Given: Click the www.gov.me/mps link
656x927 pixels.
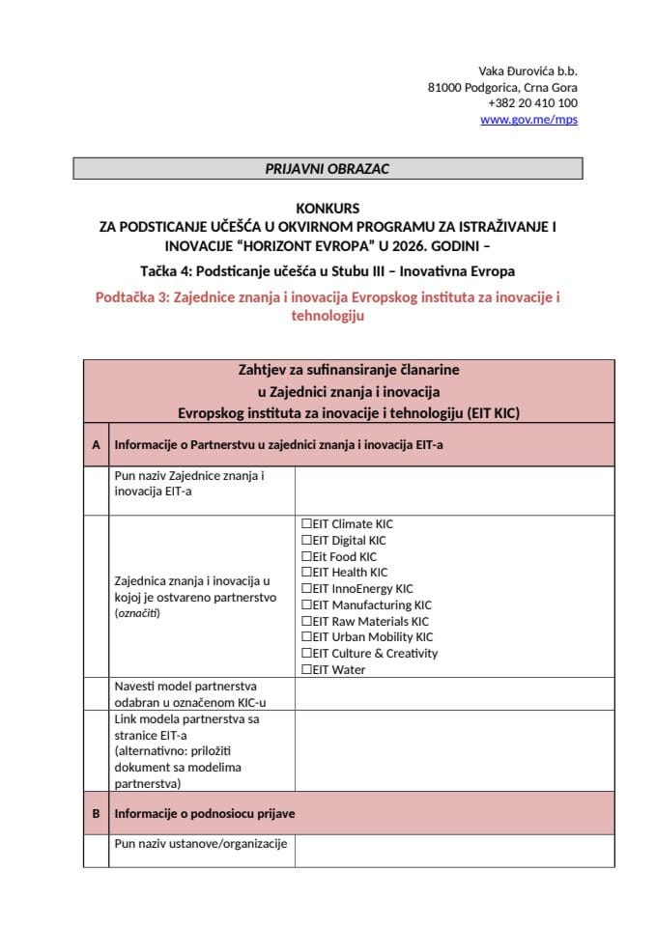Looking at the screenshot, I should coord(528,120).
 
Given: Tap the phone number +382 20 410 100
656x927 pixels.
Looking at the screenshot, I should coord(532,103).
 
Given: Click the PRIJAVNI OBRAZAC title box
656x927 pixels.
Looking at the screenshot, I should coord(328,169).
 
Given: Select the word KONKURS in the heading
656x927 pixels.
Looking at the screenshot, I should coord(328,208).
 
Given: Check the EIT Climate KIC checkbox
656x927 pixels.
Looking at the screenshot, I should coord(306,524).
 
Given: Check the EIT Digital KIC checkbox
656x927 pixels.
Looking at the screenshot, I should coord(306,541).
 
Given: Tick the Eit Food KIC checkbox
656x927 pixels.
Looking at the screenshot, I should coord(306,557).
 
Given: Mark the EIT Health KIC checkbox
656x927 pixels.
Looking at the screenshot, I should coord(306,573).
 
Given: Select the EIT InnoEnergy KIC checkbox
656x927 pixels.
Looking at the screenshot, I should coord(306,589).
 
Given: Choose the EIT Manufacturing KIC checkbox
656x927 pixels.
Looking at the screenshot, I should coord(306,605).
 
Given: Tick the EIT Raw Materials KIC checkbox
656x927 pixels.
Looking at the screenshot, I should coord(306,622).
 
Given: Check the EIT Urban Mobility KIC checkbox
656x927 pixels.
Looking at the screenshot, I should coord(306,637).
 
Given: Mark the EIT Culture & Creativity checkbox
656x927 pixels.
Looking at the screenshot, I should coord(306,654).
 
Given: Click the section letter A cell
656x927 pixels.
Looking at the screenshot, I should coord(96,445).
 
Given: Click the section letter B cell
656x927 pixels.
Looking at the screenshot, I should coord(96,814).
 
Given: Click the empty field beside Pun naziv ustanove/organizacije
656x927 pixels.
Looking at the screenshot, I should coord(454,851).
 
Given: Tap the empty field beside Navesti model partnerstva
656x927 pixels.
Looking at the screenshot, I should coord(454,693).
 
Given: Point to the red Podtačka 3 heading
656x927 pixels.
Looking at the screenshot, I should coord(328,307).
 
